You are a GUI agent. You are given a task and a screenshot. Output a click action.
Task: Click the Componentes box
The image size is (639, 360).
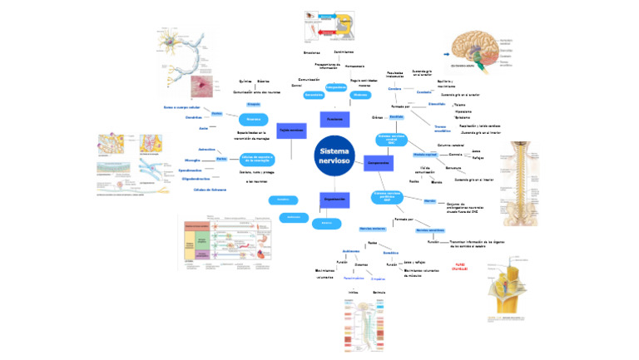379,164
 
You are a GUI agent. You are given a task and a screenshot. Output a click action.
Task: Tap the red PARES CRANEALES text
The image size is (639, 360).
463,267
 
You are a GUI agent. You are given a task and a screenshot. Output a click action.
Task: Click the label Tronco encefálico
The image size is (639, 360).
443,129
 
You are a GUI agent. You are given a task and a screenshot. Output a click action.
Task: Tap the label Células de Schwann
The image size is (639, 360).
210,189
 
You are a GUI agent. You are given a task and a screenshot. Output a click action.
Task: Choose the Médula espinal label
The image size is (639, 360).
424,155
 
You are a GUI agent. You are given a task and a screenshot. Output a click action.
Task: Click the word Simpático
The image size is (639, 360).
378,279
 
